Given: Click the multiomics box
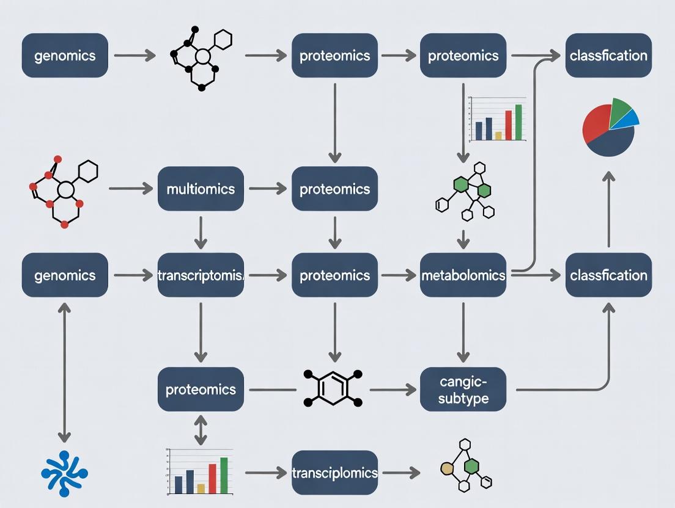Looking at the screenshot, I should tap(201, 189).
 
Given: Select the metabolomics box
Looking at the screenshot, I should tap(463, 275).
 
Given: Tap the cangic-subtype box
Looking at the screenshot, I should tap(463, 389).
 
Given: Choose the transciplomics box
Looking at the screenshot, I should tap(334, 473).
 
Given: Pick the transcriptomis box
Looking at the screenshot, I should tap(201, 275).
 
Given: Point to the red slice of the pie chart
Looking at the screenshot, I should tap(597, 123).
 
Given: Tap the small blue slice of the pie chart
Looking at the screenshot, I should tap(628, 119).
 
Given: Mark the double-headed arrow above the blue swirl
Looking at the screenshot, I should tap(64, 373).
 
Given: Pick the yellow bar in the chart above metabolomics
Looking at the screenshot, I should tap(498, 136).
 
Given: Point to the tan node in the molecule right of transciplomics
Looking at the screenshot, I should tap(448, 468).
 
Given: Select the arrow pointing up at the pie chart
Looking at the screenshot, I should tap(608, 208).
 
